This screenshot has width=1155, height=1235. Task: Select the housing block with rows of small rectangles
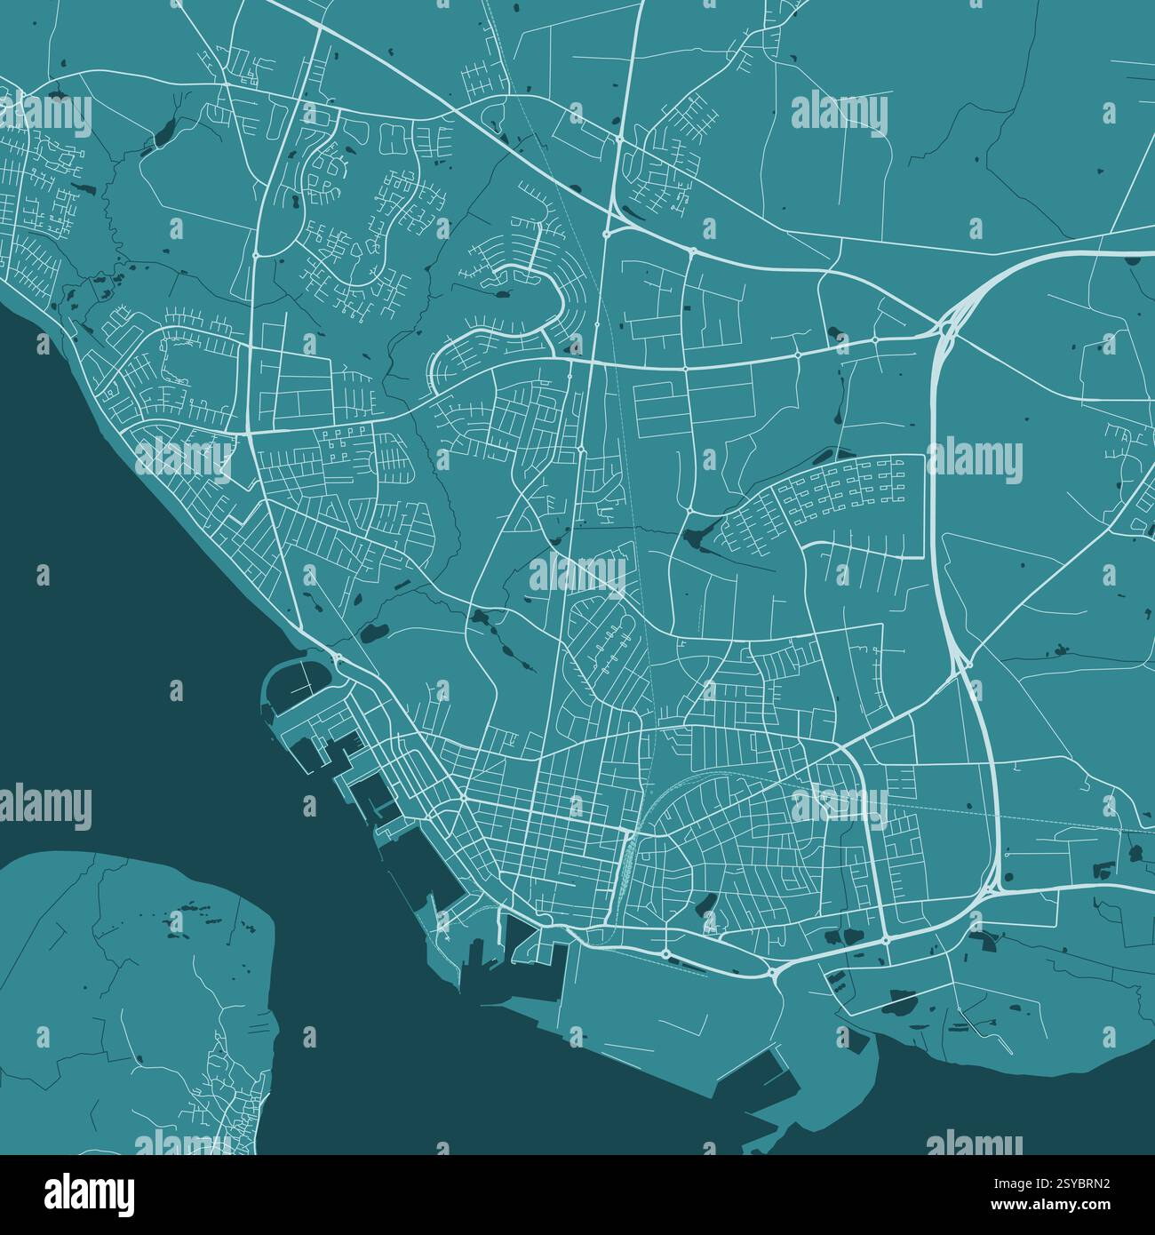coord(844,488)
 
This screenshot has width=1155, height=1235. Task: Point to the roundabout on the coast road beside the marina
coord(338,658)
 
